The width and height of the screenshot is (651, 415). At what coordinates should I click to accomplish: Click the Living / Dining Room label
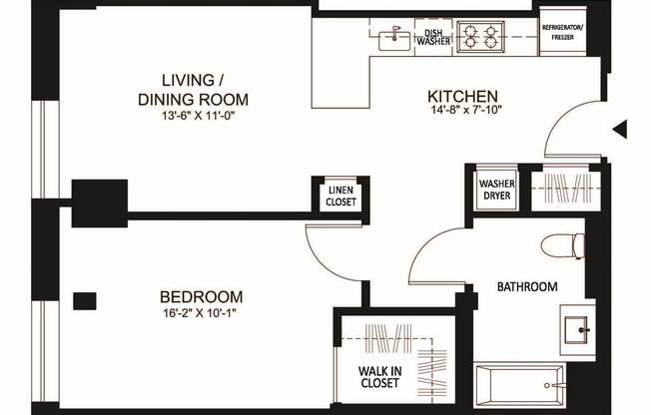(x=191, y=90)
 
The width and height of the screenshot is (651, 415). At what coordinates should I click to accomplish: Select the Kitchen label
(x=460, y=95)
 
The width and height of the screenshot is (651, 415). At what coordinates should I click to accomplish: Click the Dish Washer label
(x=431, y=37)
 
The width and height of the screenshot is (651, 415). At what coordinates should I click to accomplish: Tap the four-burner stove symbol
(x=480, y=38)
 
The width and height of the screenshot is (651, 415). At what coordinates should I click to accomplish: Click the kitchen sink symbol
(x=395, y=38)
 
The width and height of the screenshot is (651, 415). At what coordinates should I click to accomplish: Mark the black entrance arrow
(x=620, y=128)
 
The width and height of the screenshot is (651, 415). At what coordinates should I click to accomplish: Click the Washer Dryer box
(x=496, y=190)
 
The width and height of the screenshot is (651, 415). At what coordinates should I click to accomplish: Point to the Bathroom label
(x=527, y=287)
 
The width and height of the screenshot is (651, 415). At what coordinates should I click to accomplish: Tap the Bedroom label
(x=202, y=296)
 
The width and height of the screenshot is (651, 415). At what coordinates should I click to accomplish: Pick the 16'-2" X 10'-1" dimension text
(x=202, y=312)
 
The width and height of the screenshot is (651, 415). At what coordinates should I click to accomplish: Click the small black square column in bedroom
(x=85, y=299)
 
